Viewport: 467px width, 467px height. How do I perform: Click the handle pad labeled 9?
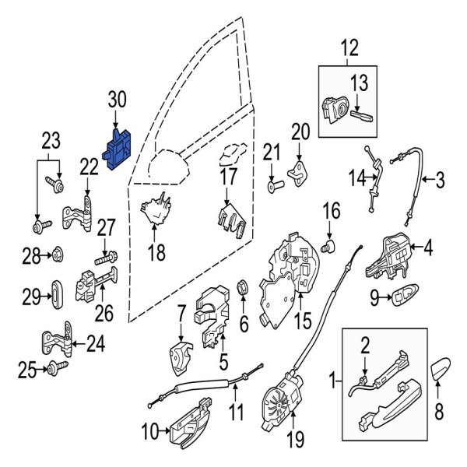click(x=404, y=295)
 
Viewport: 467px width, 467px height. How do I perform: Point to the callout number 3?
click(x=440, y=182)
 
